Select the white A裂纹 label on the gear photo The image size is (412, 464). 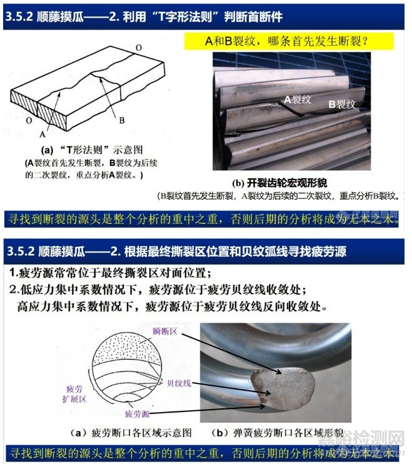pyautogui.click(x=298, y=99)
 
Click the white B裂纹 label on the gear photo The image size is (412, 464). pyautogui.click(x=342, y=104)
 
